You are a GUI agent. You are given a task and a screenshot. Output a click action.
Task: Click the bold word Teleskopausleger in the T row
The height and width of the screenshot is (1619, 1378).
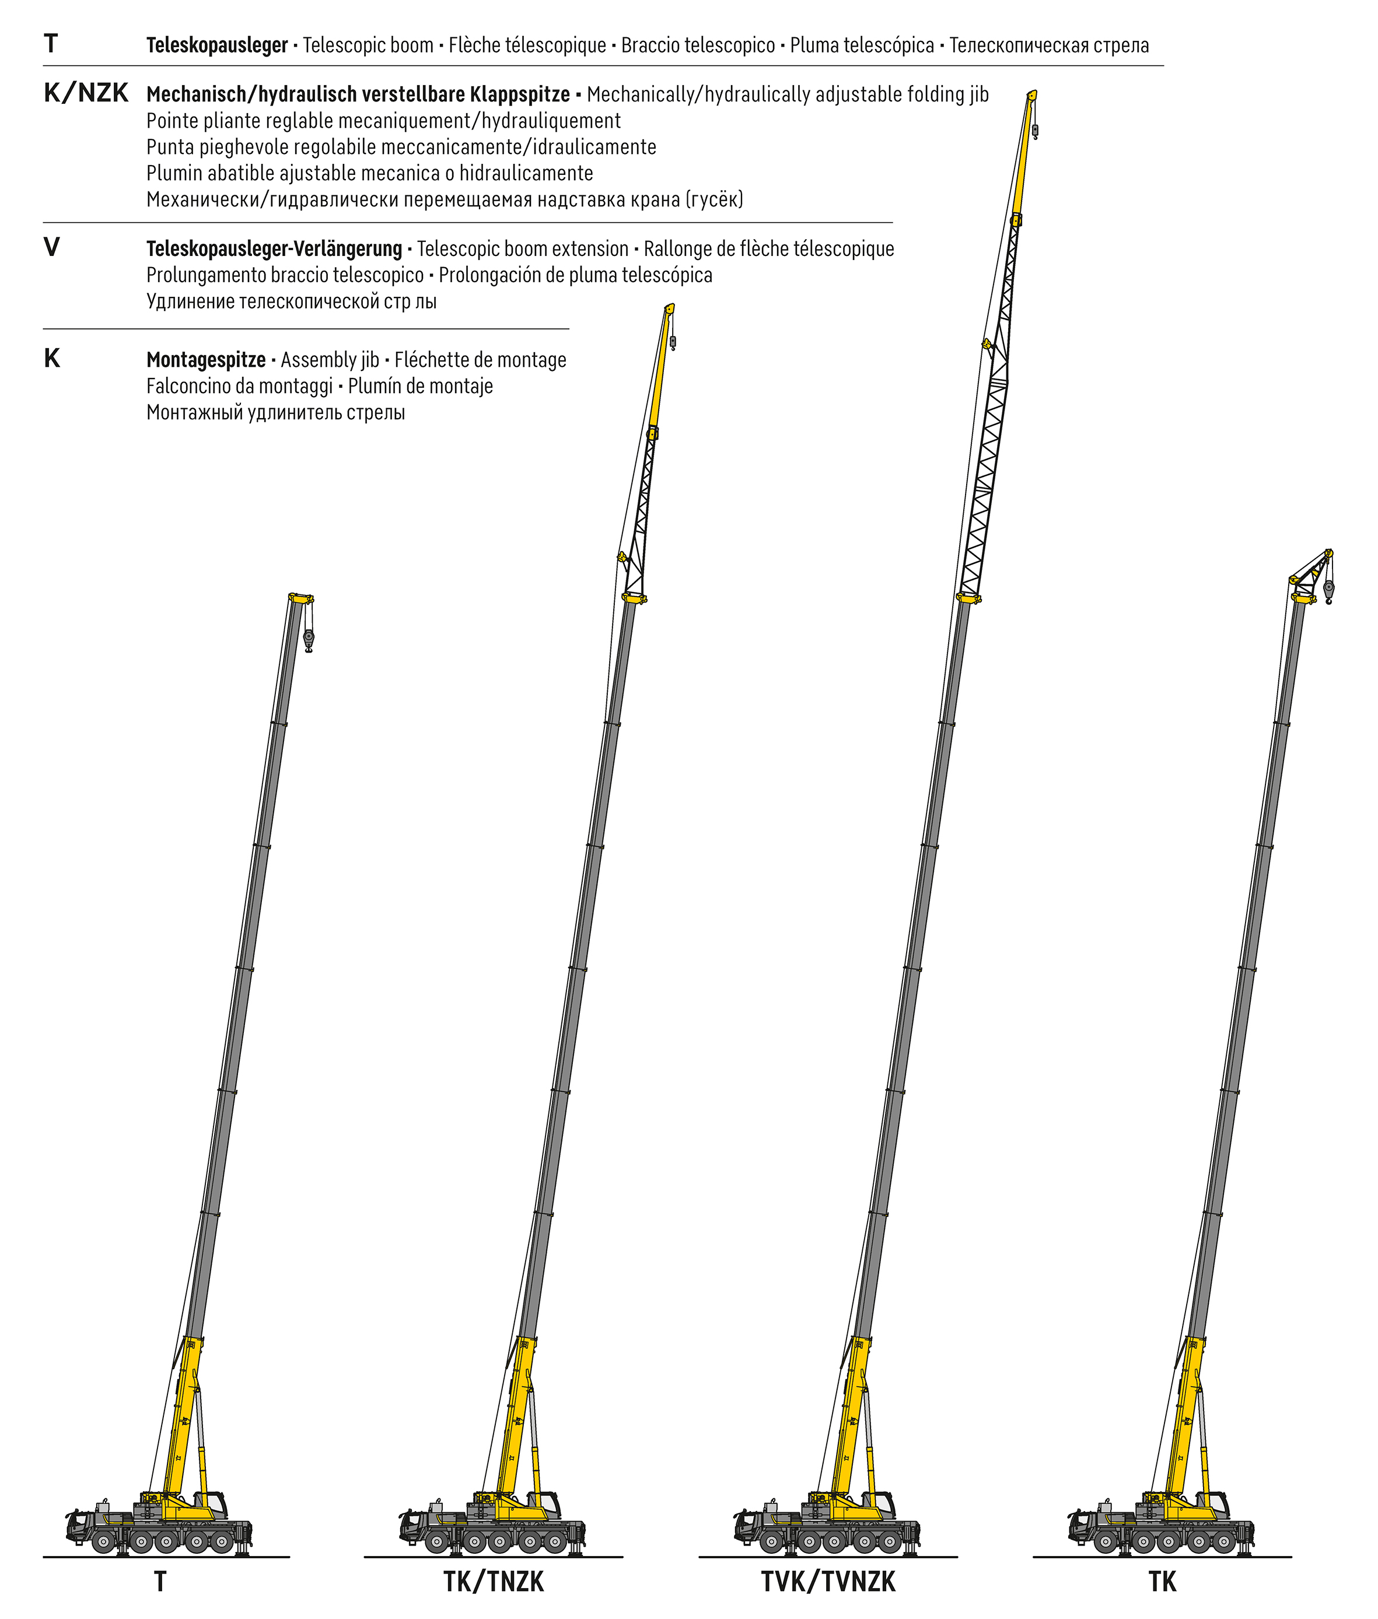[x=216, y=45]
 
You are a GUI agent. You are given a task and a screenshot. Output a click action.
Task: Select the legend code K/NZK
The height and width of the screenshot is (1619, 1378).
[x=86, y=93]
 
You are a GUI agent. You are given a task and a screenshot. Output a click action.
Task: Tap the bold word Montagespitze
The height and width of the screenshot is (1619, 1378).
[x=206, y=360]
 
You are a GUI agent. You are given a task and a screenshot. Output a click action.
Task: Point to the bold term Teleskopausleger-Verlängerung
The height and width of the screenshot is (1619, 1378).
[x=274, y=249]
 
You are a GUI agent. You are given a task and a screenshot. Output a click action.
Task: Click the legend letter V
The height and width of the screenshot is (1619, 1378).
[x=51, y=248]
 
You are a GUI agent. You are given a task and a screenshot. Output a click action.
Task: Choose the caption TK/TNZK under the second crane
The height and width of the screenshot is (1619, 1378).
[x=494, y=1582]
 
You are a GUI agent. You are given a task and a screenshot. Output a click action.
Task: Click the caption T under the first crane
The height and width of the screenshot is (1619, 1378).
[x=160, y=1582]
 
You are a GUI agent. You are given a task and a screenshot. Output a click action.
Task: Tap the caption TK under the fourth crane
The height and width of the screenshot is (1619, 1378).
[x=1162, y=1582]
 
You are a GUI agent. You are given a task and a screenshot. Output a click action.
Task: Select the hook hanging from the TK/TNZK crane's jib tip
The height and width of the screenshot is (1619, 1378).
[x=673, y=342]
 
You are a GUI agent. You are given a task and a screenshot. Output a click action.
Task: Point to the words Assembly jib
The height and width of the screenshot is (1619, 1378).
[x=330, y=360]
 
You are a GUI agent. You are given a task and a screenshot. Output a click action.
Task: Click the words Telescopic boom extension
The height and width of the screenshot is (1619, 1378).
[x=523, y=249]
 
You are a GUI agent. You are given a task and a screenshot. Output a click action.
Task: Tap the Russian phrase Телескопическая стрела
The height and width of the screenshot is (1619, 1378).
[x=1049, y=45]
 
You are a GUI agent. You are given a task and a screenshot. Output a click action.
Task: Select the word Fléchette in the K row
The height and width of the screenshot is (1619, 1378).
[x=426, y=360]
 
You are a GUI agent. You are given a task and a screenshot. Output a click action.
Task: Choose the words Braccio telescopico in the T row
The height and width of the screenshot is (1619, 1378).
[x=698, y=45]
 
